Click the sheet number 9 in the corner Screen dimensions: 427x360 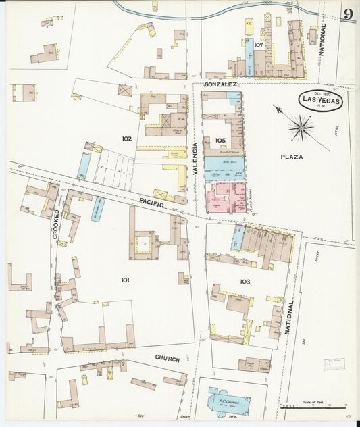pos(348,14)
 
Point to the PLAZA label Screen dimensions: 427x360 pos(292,157)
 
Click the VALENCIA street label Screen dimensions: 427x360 pos(195,159)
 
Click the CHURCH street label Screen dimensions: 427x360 pos(167,359)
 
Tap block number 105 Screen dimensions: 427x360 pos(221,140)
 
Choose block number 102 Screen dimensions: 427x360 pos(126,139)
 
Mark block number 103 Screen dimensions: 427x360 pos(245,280)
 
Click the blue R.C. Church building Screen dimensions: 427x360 pos(228,403)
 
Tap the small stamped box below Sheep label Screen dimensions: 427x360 pos(334,363)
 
